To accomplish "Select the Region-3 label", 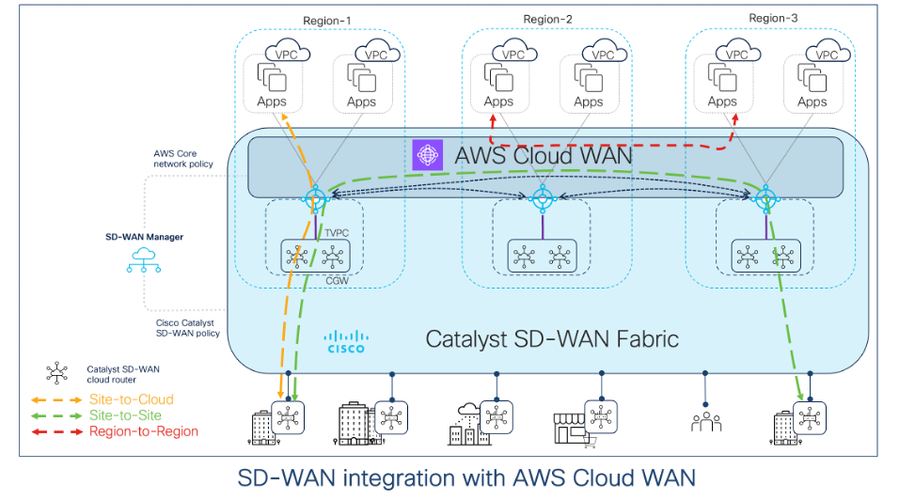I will coord(774,18).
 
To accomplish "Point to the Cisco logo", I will coord(345,340).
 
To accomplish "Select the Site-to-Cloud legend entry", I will coord(131,399).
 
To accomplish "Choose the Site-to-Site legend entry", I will coord(125,415).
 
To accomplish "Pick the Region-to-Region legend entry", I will coord(143,431).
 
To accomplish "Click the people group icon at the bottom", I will coord(705,420).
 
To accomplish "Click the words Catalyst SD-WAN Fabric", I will coord(552,338).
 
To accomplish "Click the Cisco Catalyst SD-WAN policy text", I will coord(187,328).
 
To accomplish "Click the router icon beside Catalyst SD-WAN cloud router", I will coord(57,374).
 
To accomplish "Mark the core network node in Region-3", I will coord(766,198).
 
